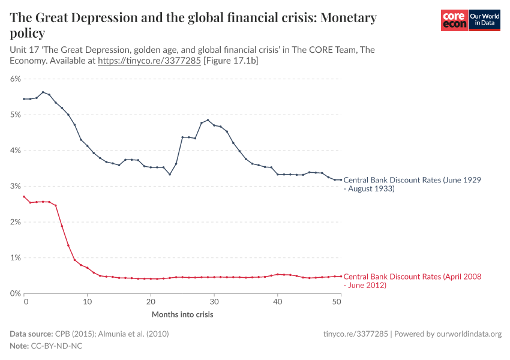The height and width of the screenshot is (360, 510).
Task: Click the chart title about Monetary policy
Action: point(193,25)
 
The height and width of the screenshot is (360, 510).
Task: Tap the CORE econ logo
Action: point(454,20)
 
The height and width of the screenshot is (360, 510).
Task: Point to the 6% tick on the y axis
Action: point(15,79)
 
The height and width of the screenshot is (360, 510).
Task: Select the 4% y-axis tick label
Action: point(15,150)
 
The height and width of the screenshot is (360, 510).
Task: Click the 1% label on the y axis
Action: point(15,257)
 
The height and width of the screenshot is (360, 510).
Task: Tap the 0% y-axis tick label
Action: point(15,293)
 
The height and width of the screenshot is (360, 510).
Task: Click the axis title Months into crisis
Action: point(182,314)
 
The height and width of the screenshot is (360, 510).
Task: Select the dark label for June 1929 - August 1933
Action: point(412,184)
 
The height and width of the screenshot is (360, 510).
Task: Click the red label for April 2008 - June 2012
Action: point(412,281)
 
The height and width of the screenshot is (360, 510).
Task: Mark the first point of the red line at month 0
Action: point(24,197)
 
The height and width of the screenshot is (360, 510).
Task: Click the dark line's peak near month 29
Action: point(208,120)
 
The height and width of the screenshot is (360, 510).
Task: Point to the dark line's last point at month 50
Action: point(340,180)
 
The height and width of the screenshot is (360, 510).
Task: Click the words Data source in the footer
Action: point(31,334)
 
